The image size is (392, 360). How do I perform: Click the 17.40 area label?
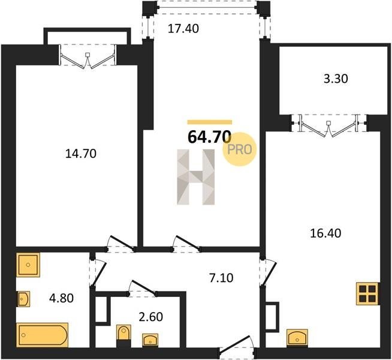pyautogui.click(x=183, y=29)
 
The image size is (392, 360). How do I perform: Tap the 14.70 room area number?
pyautogui.click(x=81, y=154)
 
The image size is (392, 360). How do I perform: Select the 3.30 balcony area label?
pyautogui.click(x=336, y=79)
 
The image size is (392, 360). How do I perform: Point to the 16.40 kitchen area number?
pyautogui.click(x=325, y=233)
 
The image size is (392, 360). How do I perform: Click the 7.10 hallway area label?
pyautogui.click(x=221, y=278)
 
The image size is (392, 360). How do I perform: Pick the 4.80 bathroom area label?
pyautogui.click(x=62, y=298)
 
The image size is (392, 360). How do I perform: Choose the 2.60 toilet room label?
pyautogui.click(x=151, y=317)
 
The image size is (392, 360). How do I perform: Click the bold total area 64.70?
pyautogui.click(x=209, y=137)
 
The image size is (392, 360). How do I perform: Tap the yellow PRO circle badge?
pyautogui.click(x=240, y=149)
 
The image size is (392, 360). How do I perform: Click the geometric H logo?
pyautogui.click(x=196, y=177)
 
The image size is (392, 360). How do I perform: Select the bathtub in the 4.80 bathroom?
pyautogui.click(x=43, y=335)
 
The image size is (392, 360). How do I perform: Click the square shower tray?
pyautogui.click(x=28, y=265)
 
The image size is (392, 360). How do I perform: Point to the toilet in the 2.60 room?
pyautogui.click(x=123, y=332)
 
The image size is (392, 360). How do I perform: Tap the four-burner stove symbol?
pyautogui.click(x=367, y=294)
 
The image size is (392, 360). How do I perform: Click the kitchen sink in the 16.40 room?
pyautogui.click(x=297, y=337)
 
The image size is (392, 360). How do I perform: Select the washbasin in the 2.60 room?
pyautogui.click(x=150, y=340)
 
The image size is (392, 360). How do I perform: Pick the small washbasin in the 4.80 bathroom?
pyautogui.click(x=23, y=299)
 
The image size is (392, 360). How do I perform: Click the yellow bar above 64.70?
pyautogui.click(x=210, y=122)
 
